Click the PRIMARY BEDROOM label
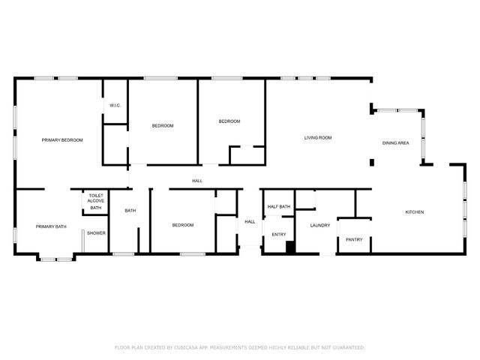click(x=62, y=140)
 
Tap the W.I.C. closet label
click(x=115, y=106)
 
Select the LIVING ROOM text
click(x=318, y=138)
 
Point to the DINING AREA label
click(x=395, y=142)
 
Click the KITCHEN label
click(x=415, y=212)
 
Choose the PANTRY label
click(x=354, y=240)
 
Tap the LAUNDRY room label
click(x=320, y=225)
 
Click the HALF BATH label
click(x=279, y=207)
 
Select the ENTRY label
click(x=279, y=235)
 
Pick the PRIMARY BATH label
click(x=51, y=226)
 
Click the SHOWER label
click(x=96, y=233)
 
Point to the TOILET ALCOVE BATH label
click(x=96, y=202)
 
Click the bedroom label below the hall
click(x=183, y=225)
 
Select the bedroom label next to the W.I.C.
click(x=163, y=126)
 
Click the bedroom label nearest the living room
click(x=229, y=121)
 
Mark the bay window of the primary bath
click(x=56, y=259)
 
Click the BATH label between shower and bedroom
click(x=130, y=211)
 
